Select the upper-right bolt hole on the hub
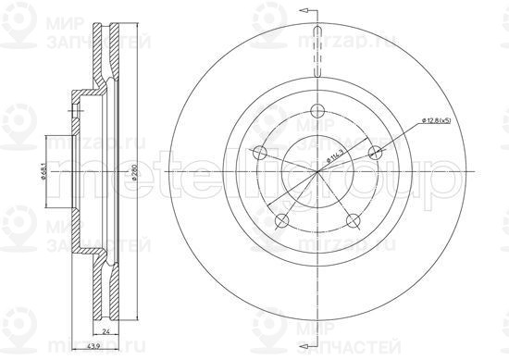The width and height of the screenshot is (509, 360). [375, 153]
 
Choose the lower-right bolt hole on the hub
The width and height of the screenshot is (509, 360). [353, 220]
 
